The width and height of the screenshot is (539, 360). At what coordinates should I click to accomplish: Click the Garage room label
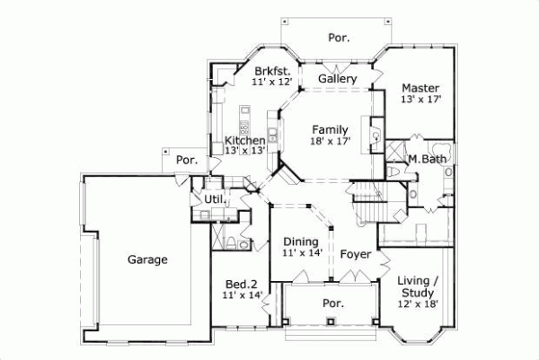tap(147, 259)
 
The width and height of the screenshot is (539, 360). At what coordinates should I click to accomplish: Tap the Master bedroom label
tap(420, 88)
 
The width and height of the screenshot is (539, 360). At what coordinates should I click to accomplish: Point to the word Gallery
tap(338, 79)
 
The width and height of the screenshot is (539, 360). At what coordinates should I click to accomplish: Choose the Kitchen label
tap(244, 140)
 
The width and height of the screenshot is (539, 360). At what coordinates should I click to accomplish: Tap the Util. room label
tap(214, 198)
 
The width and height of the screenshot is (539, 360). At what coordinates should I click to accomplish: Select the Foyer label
tap(356, 254)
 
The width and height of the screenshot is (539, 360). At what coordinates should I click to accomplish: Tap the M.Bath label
tap(427, 160)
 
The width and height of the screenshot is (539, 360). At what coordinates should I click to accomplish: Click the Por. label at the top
tap(339, 38)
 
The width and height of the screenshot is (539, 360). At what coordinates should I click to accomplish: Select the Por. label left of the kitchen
tap(186, 160)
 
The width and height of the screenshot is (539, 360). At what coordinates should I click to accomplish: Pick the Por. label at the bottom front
tap(332, 303)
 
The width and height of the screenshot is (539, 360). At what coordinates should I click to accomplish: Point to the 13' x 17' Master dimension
tap(420, 100)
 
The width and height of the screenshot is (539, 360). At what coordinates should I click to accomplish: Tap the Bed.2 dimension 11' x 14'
tap(242, 294)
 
